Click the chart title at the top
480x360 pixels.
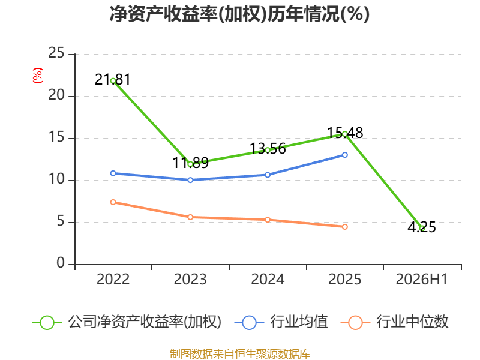239,14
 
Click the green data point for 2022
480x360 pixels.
113,81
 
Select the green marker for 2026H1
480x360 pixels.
422,228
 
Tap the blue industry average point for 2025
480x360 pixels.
344,155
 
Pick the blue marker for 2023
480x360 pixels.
190,180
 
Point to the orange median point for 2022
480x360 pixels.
113,202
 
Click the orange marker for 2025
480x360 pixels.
344,227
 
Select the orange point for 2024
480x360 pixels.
268,220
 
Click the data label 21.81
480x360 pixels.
113,80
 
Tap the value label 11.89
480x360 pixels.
190,163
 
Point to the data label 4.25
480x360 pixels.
422,227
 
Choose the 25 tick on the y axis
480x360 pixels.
56,53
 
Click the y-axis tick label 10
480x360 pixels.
56,179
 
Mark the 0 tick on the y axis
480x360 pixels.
61,263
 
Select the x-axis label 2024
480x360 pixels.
268,280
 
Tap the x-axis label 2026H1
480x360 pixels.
422,280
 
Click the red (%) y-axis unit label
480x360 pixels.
38,76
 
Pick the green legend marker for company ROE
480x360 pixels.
47,323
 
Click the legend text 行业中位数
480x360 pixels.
412,322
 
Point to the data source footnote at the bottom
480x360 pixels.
240,354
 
